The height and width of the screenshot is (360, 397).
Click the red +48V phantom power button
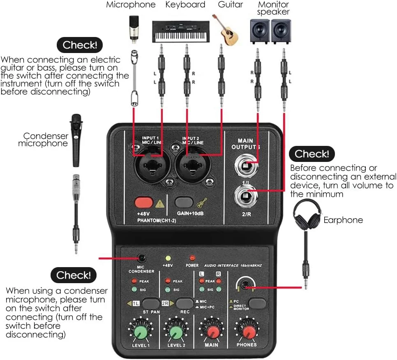point(143,202)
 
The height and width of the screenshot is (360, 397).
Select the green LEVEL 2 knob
point(176,332)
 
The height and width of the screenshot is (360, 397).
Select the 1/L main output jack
point(246,166)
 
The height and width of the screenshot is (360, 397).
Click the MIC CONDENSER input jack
point(142,258)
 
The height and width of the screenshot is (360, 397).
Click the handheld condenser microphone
point(76,140)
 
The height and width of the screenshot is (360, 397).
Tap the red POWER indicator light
point(192,258)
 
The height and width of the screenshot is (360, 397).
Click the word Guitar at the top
point(230,5)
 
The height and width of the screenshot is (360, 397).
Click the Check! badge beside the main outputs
point(312,154)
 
